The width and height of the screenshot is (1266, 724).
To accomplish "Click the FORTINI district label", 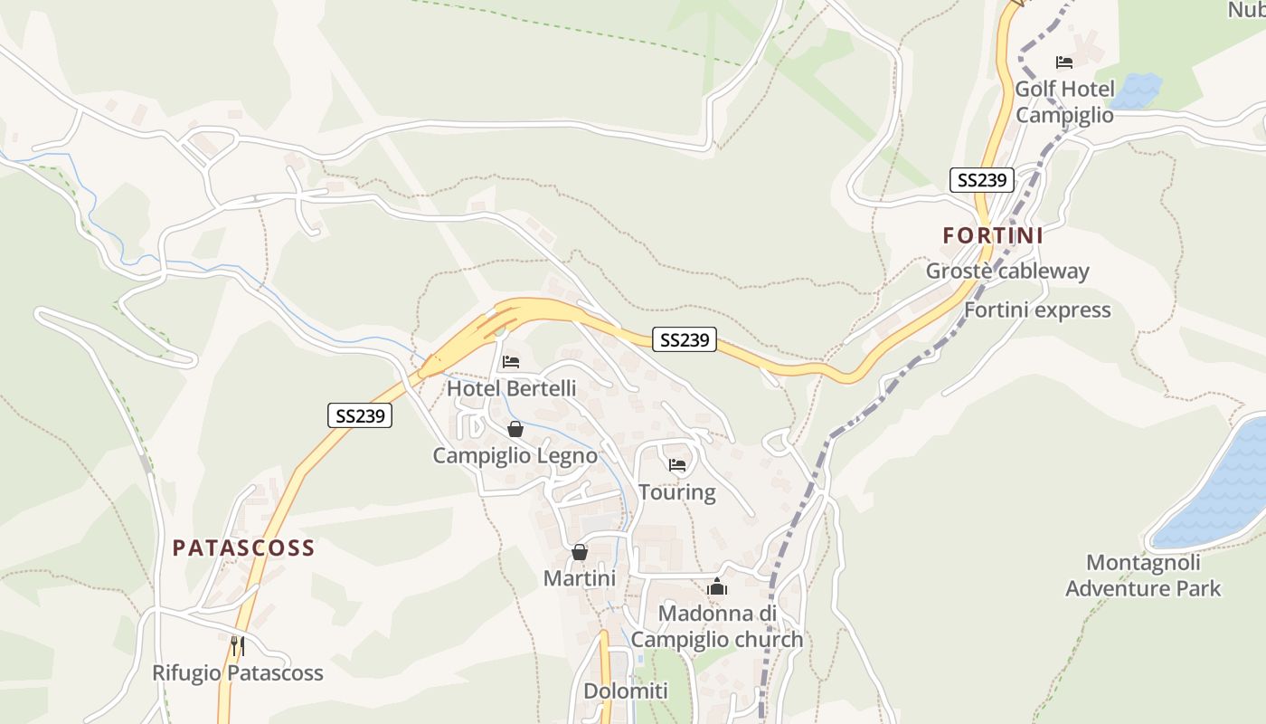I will [993, 236].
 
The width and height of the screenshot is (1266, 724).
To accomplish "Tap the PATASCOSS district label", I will [243, 548].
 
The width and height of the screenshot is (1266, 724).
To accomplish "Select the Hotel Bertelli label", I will [511, 388].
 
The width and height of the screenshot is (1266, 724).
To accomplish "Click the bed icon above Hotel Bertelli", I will [511, 362].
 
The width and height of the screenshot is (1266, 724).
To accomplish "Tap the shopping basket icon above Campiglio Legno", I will [515, 429].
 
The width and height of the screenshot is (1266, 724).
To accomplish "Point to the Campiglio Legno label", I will [515, 455].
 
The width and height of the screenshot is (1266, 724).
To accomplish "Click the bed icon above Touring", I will [677, 466].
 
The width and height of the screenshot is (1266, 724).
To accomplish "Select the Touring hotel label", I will [677, 492].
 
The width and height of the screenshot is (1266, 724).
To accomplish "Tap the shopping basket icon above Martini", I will [580, 552].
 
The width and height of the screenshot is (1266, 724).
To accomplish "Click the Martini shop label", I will [580, 577].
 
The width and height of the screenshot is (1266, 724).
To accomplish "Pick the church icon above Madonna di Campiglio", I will [717, 587].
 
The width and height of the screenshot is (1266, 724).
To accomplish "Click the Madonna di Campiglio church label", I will [717, 626].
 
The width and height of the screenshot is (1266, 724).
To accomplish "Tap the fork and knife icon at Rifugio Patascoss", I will [237, 646].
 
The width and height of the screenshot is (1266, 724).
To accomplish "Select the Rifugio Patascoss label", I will [237, 672].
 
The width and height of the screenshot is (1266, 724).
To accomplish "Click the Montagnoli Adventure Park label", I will [1143, 576].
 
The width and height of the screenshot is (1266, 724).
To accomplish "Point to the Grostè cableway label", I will [1007, 271].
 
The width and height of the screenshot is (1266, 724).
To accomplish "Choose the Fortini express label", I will [1037, 310].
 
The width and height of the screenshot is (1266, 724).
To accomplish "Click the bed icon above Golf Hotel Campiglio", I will [1064, 62].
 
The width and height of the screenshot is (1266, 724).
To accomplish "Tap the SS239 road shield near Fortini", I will [982, 179].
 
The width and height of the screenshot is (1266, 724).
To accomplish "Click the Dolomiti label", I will [626, 691].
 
